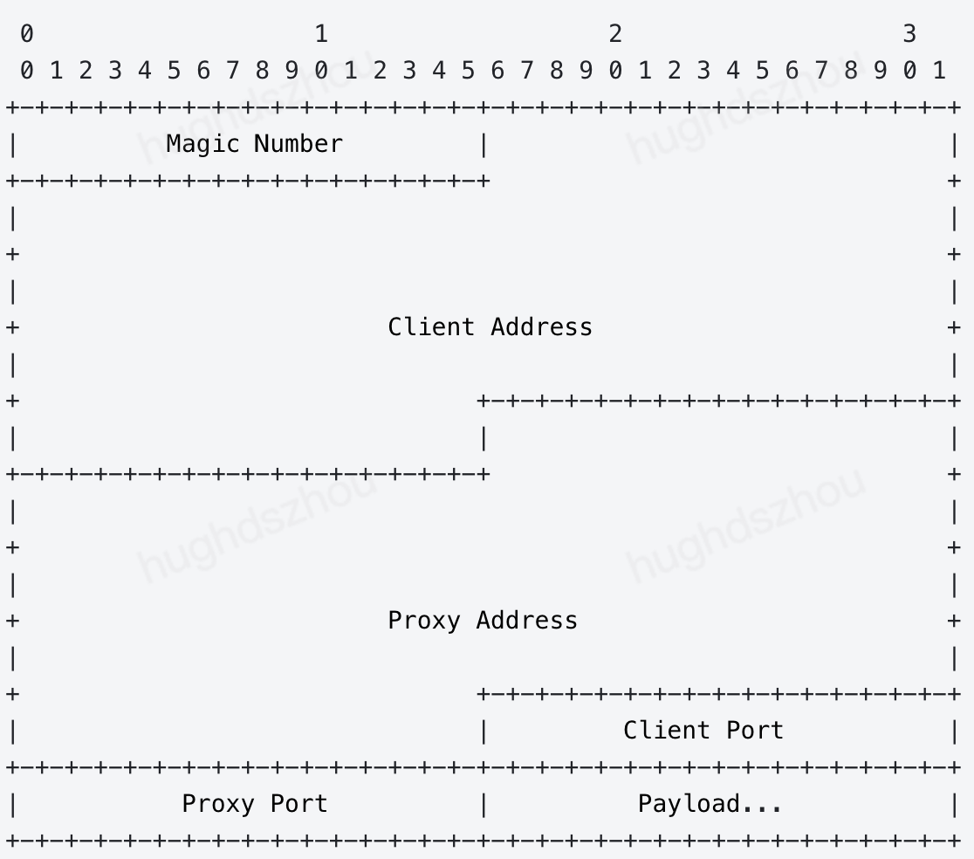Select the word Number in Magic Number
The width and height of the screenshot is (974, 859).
298,144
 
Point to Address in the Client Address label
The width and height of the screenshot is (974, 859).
541,327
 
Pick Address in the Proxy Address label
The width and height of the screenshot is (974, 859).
526,621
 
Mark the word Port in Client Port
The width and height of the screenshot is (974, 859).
754,731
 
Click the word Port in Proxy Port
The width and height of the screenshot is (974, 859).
298,804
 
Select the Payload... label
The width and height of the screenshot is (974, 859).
710,804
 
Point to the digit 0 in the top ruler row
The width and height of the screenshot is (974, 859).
26,34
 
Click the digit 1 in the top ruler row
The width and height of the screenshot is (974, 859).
321,34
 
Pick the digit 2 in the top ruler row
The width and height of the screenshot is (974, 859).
615,34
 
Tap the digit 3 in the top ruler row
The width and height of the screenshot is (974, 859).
909,34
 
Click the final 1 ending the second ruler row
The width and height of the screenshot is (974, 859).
939,71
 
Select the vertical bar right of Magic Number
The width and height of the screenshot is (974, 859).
483,144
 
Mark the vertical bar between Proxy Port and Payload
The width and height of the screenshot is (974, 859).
483,804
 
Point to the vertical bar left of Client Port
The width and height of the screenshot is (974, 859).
483,731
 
